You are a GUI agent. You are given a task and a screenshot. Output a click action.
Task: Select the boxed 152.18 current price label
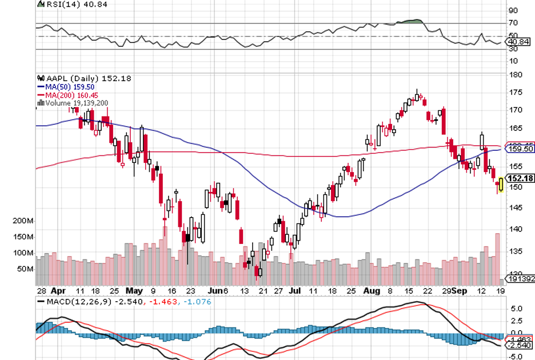[x=520, y=178]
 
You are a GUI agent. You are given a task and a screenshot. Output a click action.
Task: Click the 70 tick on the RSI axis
[x=513, y=23]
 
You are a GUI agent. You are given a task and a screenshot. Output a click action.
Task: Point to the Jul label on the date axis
[x=296, y=290]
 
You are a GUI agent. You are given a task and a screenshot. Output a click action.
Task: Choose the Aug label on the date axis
[x=372, y=290]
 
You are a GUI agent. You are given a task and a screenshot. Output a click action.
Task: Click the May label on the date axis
[x=134, y=290]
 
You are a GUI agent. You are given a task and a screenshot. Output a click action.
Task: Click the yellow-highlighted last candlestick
[x=501, y=185]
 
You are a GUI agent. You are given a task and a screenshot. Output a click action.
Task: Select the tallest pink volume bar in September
[x=497, y=257]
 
